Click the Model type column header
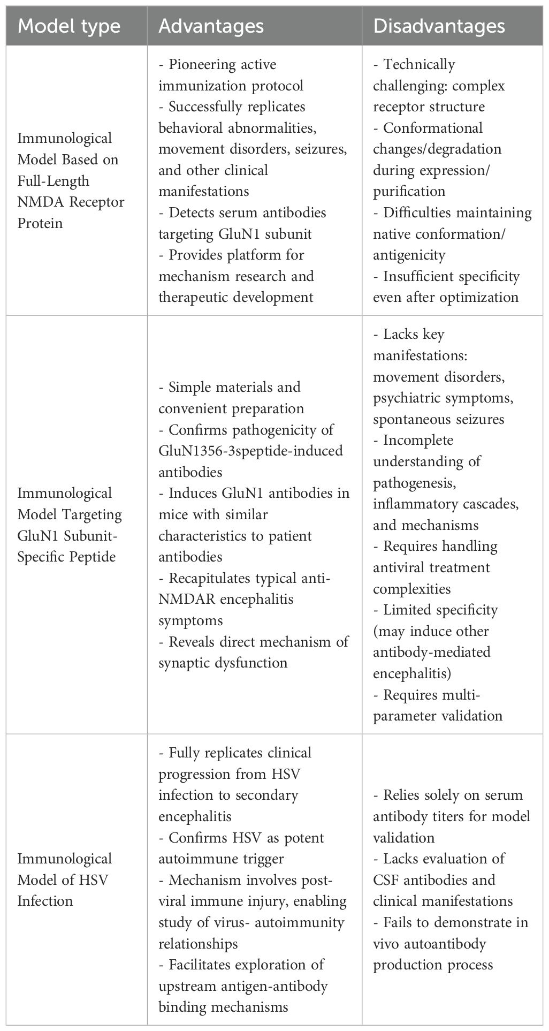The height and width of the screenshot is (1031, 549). [x=69, y=26]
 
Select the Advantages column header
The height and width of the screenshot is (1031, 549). [x=211, y=26]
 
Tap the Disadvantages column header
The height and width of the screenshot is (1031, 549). [x=439, y=26]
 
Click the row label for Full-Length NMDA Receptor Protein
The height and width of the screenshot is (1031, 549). [x=71, y=180]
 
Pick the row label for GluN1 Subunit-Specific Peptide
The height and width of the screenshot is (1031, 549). [x=70, y=525]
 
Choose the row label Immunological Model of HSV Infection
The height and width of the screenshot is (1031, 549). [x=64, y=880]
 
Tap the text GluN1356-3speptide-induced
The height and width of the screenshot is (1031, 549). [x=250, y=451]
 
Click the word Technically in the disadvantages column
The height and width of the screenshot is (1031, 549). [x=419, y=65]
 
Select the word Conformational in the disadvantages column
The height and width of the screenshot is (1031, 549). [x=433, y=128]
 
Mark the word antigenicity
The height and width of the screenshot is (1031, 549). [x=409, y=255]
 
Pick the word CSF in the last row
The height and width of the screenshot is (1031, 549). [x=386, y=880]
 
